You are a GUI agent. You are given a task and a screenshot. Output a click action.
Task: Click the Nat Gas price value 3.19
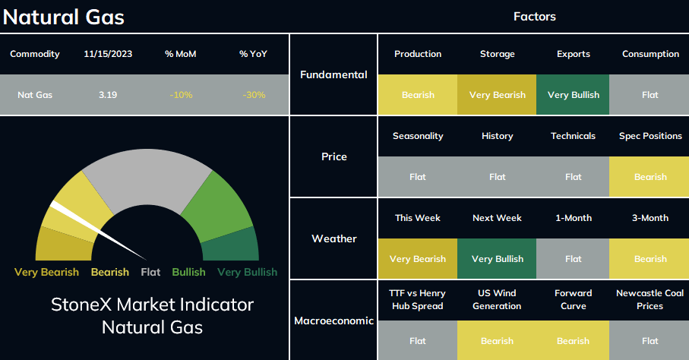(x=108, y=95)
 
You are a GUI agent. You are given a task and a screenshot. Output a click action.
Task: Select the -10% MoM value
(x=181, y=95)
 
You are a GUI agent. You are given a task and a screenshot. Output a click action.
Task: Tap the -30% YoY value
(x=254, y=95)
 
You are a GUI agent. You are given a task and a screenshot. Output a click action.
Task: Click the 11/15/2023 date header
(x=108, y=54)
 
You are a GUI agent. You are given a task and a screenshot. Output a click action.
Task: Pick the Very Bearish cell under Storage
(x=497, y=94)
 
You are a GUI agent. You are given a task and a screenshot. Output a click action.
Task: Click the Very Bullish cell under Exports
(x=573, y=94)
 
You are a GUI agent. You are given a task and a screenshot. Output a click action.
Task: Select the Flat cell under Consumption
(x=649, y=94)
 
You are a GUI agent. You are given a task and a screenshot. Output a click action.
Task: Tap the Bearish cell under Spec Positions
(x=649, y=177)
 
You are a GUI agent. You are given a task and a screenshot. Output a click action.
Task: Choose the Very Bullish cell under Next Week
(x=497, y=258)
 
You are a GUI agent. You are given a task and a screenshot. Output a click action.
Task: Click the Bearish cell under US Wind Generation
(x=497, y=340)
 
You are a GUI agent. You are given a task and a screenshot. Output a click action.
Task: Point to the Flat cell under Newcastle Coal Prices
(x=649, y=340)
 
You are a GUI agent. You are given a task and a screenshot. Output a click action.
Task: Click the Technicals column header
(x=573, y=136)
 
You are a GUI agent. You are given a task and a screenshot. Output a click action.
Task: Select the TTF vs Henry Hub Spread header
(x=418, y=299)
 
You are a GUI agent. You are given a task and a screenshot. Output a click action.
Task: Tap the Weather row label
(x=334, y=238)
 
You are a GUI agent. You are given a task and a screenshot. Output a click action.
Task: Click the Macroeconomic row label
(x=334, y=321)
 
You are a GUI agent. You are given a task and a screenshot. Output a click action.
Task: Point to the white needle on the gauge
(x=98, y=230)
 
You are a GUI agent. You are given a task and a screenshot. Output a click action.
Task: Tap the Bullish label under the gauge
(x=188, y=272)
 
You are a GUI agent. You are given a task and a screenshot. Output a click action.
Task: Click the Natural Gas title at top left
(x=64, y=17)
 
